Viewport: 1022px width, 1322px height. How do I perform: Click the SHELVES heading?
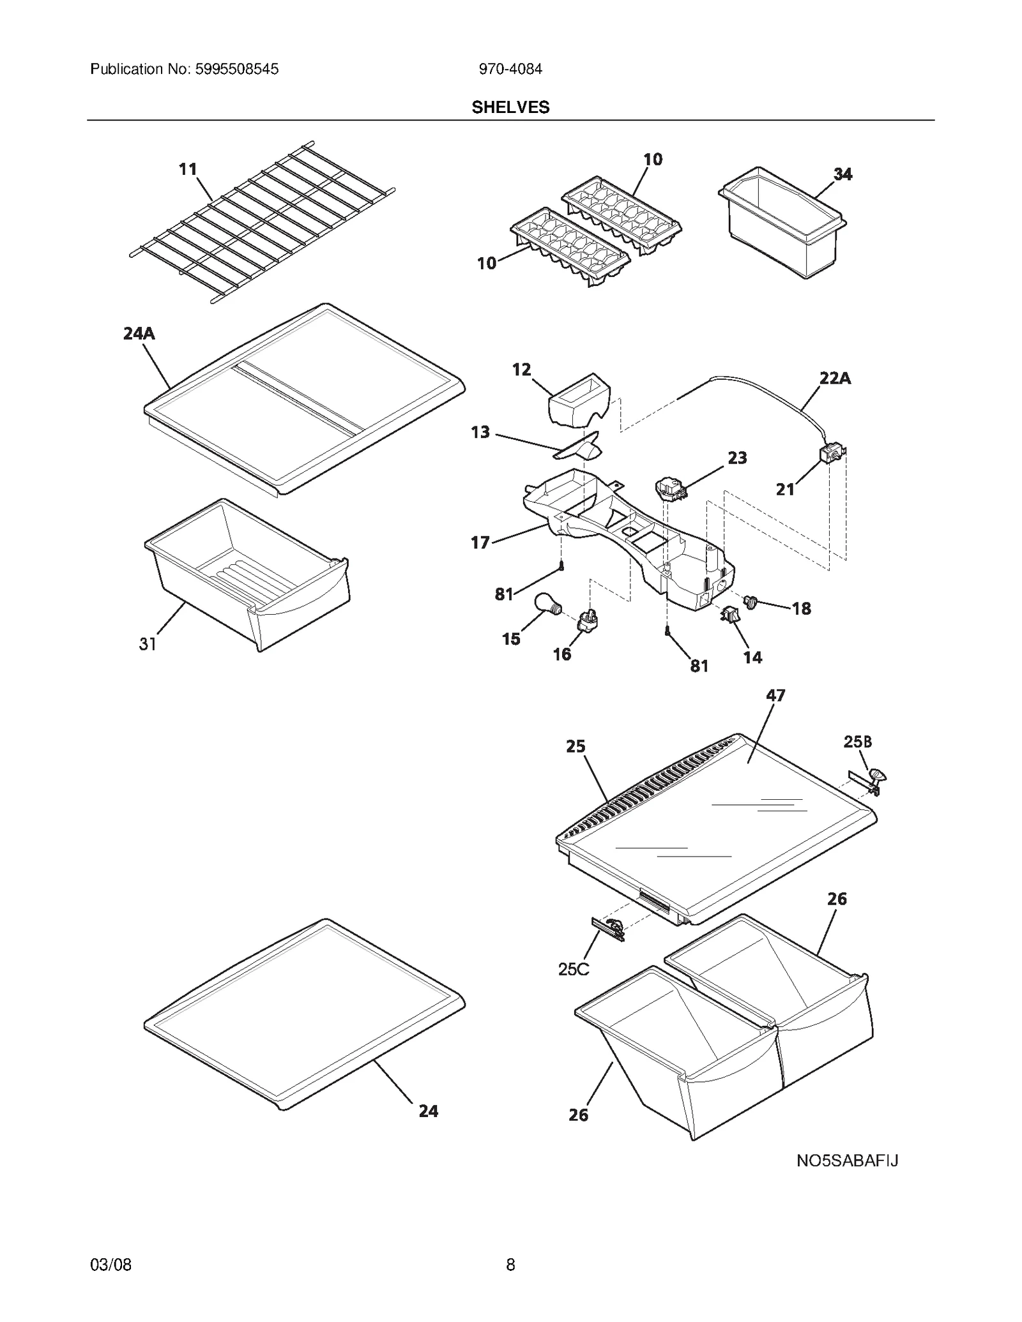click(x=510, y=107)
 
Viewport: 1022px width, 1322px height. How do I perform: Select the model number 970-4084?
click(x=510, y=69)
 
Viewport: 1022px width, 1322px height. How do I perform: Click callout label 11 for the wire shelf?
click(x=187, y=169)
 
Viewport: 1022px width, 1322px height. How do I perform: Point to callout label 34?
click(x=843, y=174)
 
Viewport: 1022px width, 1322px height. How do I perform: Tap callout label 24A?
click(x=139, y=334)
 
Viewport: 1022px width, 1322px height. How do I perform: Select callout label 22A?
click(x=835, y=379)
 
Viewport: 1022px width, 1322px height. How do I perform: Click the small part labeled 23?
click(x=671, y=489)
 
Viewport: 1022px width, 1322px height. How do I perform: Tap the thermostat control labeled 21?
click(x=831, y=454)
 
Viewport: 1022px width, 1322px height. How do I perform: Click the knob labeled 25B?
click(x=878, y=776)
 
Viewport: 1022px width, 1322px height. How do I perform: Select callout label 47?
click(x=775, y=695)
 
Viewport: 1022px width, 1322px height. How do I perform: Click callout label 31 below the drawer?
click(x=148, y=645)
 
